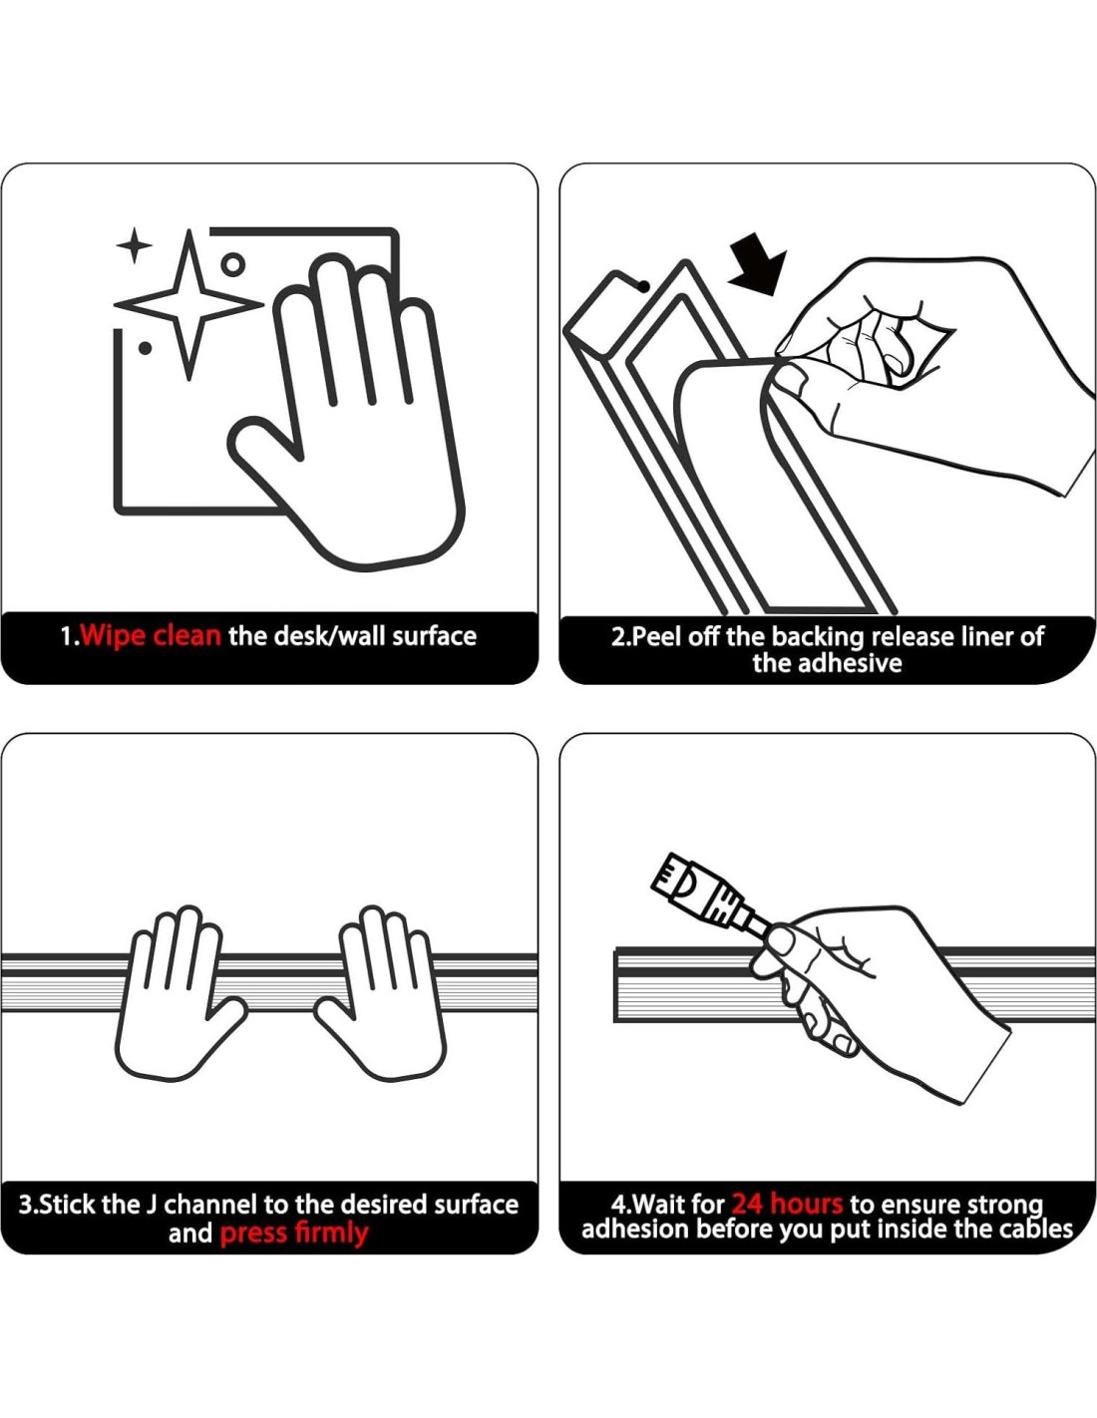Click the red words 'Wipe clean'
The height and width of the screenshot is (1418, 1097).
(x=151, y=635)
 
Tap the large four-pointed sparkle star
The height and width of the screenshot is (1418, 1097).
(x=188, y=305)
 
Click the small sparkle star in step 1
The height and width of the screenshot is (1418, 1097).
(x=134, y=245)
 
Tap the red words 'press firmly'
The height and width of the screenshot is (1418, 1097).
(x=293, y=1234)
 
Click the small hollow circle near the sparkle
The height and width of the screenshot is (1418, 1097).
(x=233, y=265)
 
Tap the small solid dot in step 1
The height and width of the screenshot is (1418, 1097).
(x=146, y=349)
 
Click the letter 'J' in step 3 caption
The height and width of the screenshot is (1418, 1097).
(x=151, y=1205)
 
